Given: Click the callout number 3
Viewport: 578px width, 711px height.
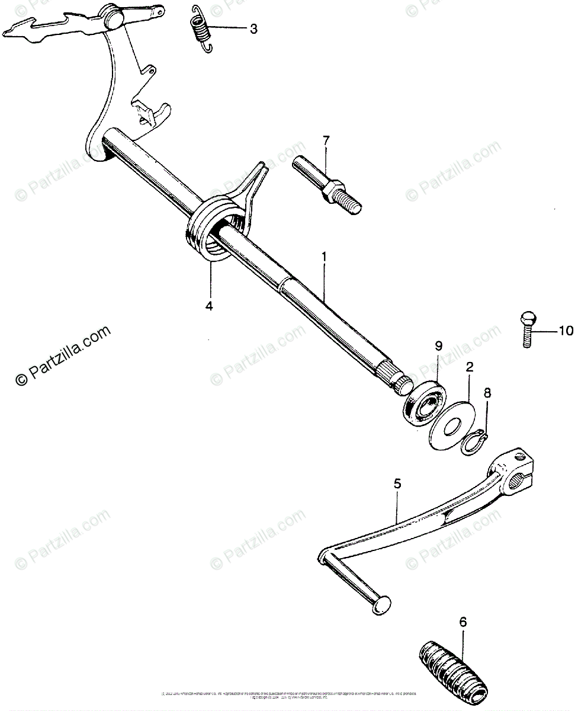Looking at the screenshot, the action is point(253,29).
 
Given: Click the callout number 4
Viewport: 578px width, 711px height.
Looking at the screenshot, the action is point(208,306).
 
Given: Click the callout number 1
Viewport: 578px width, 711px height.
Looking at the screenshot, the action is point(323,256).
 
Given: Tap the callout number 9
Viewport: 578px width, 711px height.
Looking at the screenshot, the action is point(439,345).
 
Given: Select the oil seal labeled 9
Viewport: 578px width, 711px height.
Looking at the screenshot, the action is point(423,403).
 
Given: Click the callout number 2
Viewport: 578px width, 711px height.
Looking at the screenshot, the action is point(469,367).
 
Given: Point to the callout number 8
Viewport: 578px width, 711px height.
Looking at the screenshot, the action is point(487,392).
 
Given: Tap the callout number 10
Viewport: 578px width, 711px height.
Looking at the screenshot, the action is point(566,331).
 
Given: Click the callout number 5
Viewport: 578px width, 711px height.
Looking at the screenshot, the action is point(397,484).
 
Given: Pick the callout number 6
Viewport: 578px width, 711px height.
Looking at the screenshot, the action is point(463,622).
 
